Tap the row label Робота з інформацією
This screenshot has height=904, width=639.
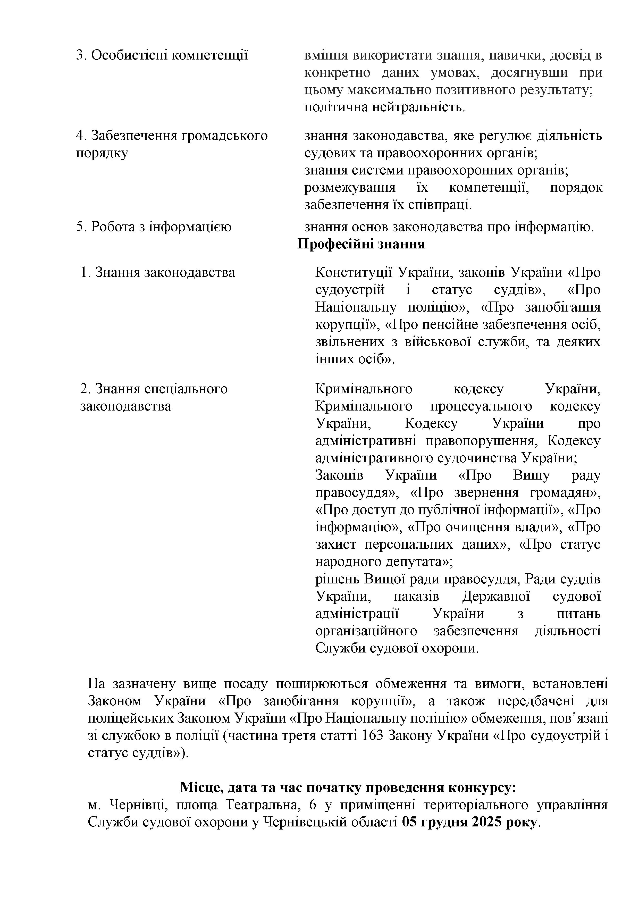154,227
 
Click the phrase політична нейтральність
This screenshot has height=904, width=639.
385,107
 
